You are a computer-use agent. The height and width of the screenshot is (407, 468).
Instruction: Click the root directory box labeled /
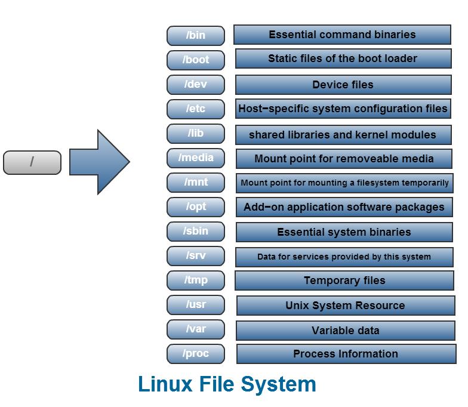[x=32, y=162]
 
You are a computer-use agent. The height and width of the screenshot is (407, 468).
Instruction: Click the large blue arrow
[x=98, y=162]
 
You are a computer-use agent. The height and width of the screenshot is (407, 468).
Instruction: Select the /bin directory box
[x=196, y=35]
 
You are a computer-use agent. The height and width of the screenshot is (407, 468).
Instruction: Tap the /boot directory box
[x=196, y=60]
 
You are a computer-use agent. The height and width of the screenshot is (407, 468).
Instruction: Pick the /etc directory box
[x=196, y=109]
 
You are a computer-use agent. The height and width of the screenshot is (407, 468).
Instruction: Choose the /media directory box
[x=196, y=158]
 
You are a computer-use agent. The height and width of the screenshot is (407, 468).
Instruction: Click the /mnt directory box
[x=196, y=183]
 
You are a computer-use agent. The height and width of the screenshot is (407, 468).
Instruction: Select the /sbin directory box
[x=196, y=232]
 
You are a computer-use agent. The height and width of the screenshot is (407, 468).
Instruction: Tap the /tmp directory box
[x=196, y=280]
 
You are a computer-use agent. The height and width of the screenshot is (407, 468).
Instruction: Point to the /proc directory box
[x=196, y=353]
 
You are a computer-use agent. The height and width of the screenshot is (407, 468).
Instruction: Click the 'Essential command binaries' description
[x=342, y=35]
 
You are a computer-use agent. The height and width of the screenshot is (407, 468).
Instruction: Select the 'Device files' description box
[x=343, y=84]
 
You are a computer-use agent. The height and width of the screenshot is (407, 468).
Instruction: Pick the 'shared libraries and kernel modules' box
[x=343, y=134]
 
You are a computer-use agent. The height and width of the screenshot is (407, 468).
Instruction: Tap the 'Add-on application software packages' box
[x=344, y=207]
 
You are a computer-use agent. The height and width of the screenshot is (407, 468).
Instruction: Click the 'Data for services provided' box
[x=344, y=257]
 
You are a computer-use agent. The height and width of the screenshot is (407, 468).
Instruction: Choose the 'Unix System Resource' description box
[x=345, y=305]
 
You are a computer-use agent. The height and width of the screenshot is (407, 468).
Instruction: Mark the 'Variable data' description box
[x=345, y=330]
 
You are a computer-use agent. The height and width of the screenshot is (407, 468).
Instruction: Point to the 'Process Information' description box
[x=345, y=354]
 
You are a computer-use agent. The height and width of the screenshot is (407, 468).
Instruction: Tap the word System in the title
[x=279, y=384]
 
